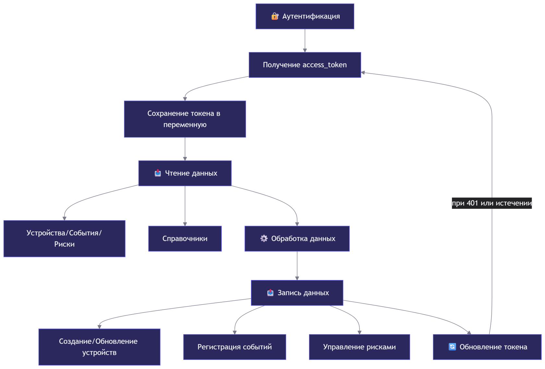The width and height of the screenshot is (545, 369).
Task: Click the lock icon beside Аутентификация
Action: pos(275,16)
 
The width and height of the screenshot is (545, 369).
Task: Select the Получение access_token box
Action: pos(305,65)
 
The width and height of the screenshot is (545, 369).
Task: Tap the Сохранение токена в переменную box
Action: pos(185,119)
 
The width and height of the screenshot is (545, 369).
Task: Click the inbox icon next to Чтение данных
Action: pos(158,173)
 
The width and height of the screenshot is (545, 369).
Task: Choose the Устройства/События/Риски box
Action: pos(65,239)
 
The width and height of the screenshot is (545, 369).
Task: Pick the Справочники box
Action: pos(185,239)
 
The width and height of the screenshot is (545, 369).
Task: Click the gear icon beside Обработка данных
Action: pos(264,238)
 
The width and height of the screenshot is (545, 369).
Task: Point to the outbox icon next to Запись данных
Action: pos(270,292)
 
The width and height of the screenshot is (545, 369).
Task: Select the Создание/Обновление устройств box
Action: pos(100,347)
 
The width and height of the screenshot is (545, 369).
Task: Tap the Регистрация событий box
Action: pos(235,347)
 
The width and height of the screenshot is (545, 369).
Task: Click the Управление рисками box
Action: pos(359,347)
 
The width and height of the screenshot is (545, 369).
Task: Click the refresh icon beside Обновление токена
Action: pos(452,347)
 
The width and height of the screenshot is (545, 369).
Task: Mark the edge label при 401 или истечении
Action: pos(492,203)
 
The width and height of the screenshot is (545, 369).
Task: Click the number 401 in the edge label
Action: pos(472,203)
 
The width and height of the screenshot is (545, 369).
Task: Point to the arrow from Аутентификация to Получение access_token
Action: pos(305,41)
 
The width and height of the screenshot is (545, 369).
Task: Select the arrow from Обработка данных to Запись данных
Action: pos(297,266)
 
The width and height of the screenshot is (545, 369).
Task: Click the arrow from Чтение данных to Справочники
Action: pos(185,206)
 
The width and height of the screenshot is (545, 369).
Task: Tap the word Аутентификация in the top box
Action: pos(311,16)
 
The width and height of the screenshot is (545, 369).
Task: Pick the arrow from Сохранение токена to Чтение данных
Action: pos(185,149)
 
